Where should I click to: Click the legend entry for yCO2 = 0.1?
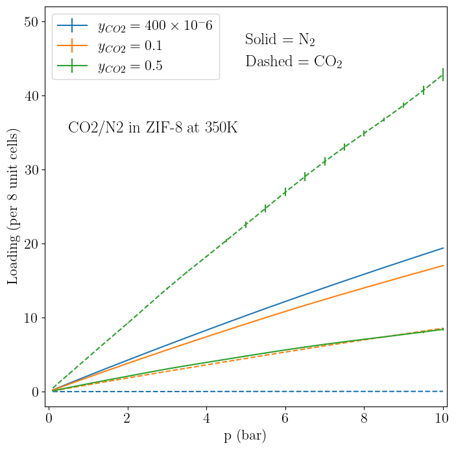coord(130,46)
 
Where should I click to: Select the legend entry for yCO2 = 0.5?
coord(130,66)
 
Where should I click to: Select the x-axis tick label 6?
coord(285,417)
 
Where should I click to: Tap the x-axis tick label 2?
coord(127,417)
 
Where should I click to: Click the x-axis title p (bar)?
coord(245,436)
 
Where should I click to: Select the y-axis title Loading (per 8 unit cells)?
coord(13,206)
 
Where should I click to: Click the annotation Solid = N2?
coord(280,40)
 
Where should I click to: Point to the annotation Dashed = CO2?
coord(293,62)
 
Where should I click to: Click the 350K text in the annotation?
coord(221,128)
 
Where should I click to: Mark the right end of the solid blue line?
coord(443,248)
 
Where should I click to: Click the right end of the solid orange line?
coord(443,266)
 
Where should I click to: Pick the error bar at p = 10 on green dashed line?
coord(443,75)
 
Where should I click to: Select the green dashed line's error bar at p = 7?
coord(324,161)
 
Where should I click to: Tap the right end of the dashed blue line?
coord(443,391)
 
